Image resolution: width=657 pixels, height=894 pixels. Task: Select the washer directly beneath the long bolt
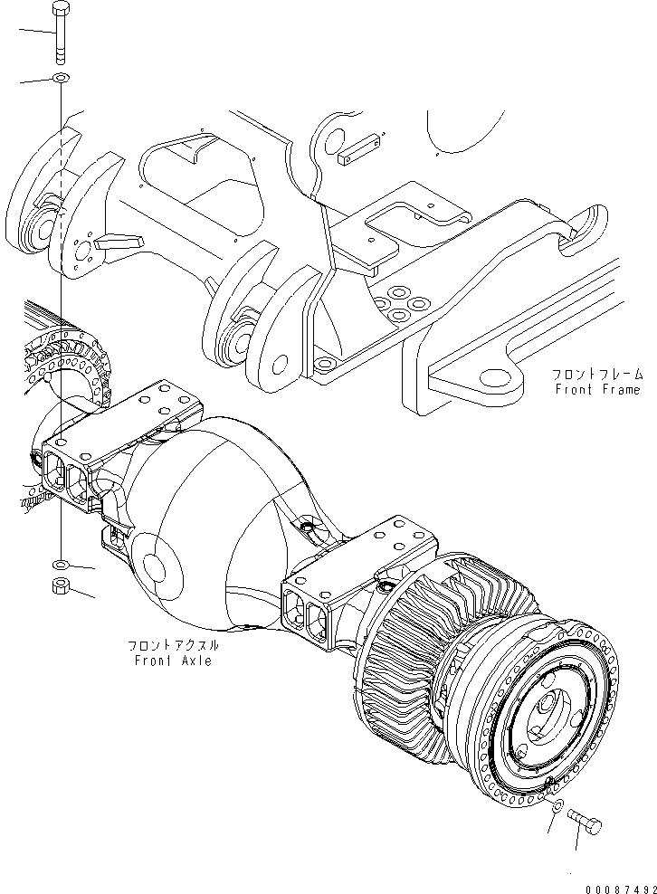click(61, 77)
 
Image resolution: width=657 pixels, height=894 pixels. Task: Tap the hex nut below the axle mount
click(61, 585)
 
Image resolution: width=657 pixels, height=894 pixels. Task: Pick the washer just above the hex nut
click(61, 565)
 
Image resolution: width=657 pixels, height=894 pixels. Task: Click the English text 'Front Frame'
click(597, 389)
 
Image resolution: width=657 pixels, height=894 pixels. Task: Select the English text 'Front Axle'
click(173, 661)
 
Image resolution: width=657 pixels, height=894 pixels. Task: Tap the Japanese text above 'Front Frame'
click(597, 375)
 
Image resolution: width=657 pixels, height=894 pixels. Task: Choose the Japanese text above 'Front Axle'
click(173, 646)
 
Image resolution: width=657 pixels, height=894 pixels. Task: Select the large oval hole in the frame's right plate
click(496, 376)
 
